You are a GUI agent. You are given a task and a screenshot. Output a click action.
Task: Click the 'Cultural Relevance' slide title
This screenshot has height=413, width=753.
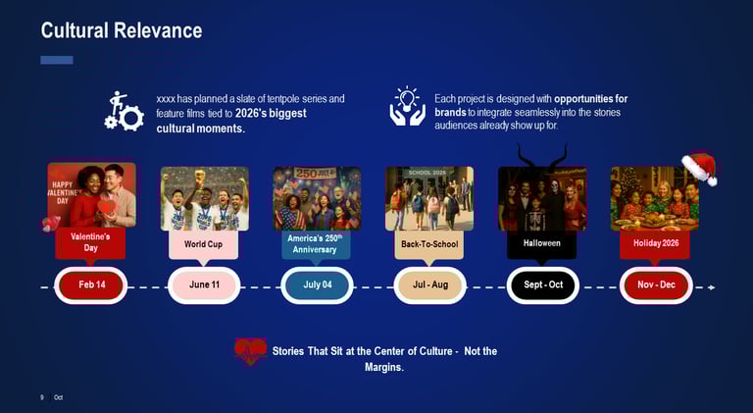(x=121, y=30)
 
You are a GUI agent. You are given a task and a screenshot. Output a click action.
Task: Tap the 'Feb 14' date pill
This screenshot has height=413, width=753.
(x=92, y=285)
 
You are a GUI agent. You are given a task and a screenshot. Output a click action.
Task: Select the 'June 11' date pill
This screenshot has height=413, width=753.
(x=204, y=285)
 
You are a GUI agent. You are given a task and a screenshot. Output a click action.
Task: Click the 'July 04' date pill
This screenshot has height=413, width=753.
(x=317, y=285)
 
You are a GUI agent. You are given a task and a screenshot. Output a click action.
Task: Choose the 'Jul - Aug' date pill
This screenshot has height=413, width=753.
(x=429, y=285)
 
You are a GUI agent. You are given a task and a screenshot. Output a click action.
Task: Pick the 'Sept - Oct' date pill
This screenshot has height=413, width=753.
(x=542, y=285)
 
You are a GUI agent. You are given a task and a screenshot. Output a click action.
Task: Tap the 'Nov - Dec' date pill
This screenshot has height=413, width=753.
(x=656, y=285)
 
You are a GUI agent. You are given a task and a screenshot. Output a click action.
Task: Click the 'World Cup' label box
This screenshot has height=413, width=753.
(x=203, y=243)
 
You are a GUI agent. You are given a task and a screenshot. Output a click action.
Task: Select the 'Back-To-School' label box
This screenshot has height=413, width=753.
(x=429, y=243)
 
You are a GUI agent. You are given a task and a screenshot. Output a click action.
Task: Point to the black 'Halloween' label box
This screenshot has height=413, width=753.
(x=541, y=243)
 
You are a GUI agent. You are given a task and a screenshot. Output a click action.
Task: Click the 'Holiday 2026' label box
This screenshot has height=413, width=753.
(x=655, y=243)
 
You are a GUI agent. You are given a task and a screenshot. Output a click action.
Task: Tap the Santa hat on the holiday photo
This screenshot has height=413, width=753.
(x=699, y=168)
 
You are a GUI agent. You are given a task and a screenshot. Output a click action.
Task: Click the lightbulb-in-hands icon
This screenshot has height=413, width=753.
(x=407, y=107)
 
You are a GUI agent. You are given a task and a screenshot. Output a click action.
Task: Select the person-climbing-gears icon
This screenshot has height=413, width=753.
(x=124, y=111)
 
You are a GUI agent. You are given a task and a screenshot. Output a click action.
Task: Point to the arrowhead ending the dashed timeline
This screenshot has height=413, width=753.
(x=712, y=287)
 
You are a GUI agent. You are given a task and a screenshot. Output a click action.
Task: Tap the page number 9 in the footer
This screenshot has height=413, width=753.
(x=42, y=397)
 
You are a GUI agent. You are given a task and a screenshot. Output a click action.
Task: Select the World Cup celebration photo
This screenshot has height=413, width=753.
(x=204, y=198)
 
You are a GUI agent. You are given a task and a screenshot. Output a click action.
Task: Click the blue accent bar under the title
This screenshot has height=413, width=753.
(x=57, y=60)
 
